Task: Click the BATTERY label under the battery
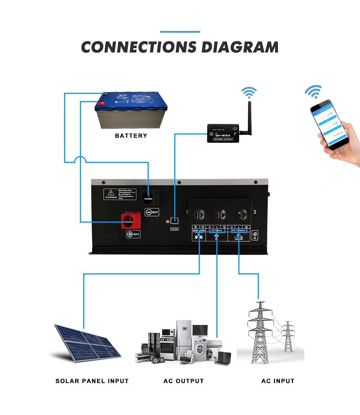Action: click(131, 136)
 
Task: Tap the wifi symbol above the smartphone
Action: click(313, 91)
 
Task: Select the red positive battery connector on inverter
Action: click(130, 220)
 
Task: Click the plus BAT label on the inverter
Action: click(133, 234)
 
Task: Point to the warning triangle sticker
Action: click(111, 193)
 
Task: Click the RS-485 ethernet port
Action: click(174, 221)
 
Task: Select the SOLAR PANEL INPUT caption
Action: click(92, 381)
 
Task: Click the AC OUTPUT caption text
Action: click(184, 381)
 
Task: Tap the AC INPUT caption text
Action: click(278, 381)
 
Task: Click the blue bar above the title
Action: click(180, 32)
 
